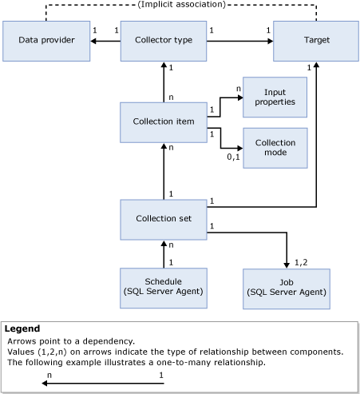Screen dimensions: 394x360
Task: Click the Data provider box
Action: click(x=45, y=40)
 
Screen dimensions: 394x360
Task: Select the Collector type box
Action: click(x=164, y=40)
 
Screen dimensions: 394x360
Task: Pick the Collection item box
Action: click(x=164, y=122)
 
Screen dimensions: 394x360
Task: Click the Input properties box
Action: click(x=275, y=98)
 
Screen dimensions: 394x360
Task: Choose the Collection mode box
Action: click(x=275, y=148)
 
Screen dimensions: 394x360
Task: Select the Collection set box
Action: click(x=164, y=219)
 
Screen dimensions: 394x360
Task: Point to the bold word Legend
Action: click(x=22, y=328)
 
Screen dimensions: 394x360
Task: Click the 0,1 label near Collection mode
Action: click(x=233, y=158)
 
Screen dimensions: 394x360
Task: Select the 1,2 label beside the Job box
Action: click(x=301, y=261)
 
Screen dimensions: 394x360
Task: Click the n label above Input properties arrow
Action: click(x=237, y=89)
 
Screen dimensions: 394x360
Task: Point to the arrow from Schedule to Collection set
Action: click(x=164, y=253)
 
